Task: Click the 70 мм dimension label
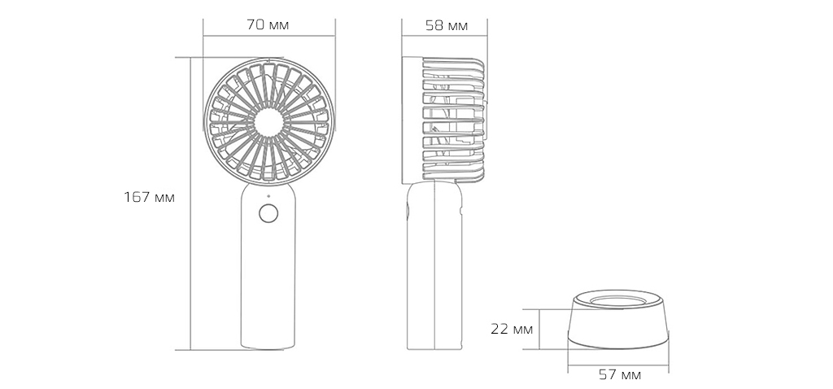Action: [268, 25]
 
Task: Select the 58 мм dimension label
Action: [446, 25]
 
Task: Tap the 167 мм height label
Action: [149, 197]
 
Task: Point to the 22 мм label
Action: [512, 330]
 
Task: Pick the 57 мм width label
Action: [619, 374]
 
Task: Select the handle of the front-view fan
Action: [268, 277]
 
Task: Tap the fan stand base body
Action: [619, 330]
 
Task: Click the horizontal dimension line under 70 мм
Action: [268, 37]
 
